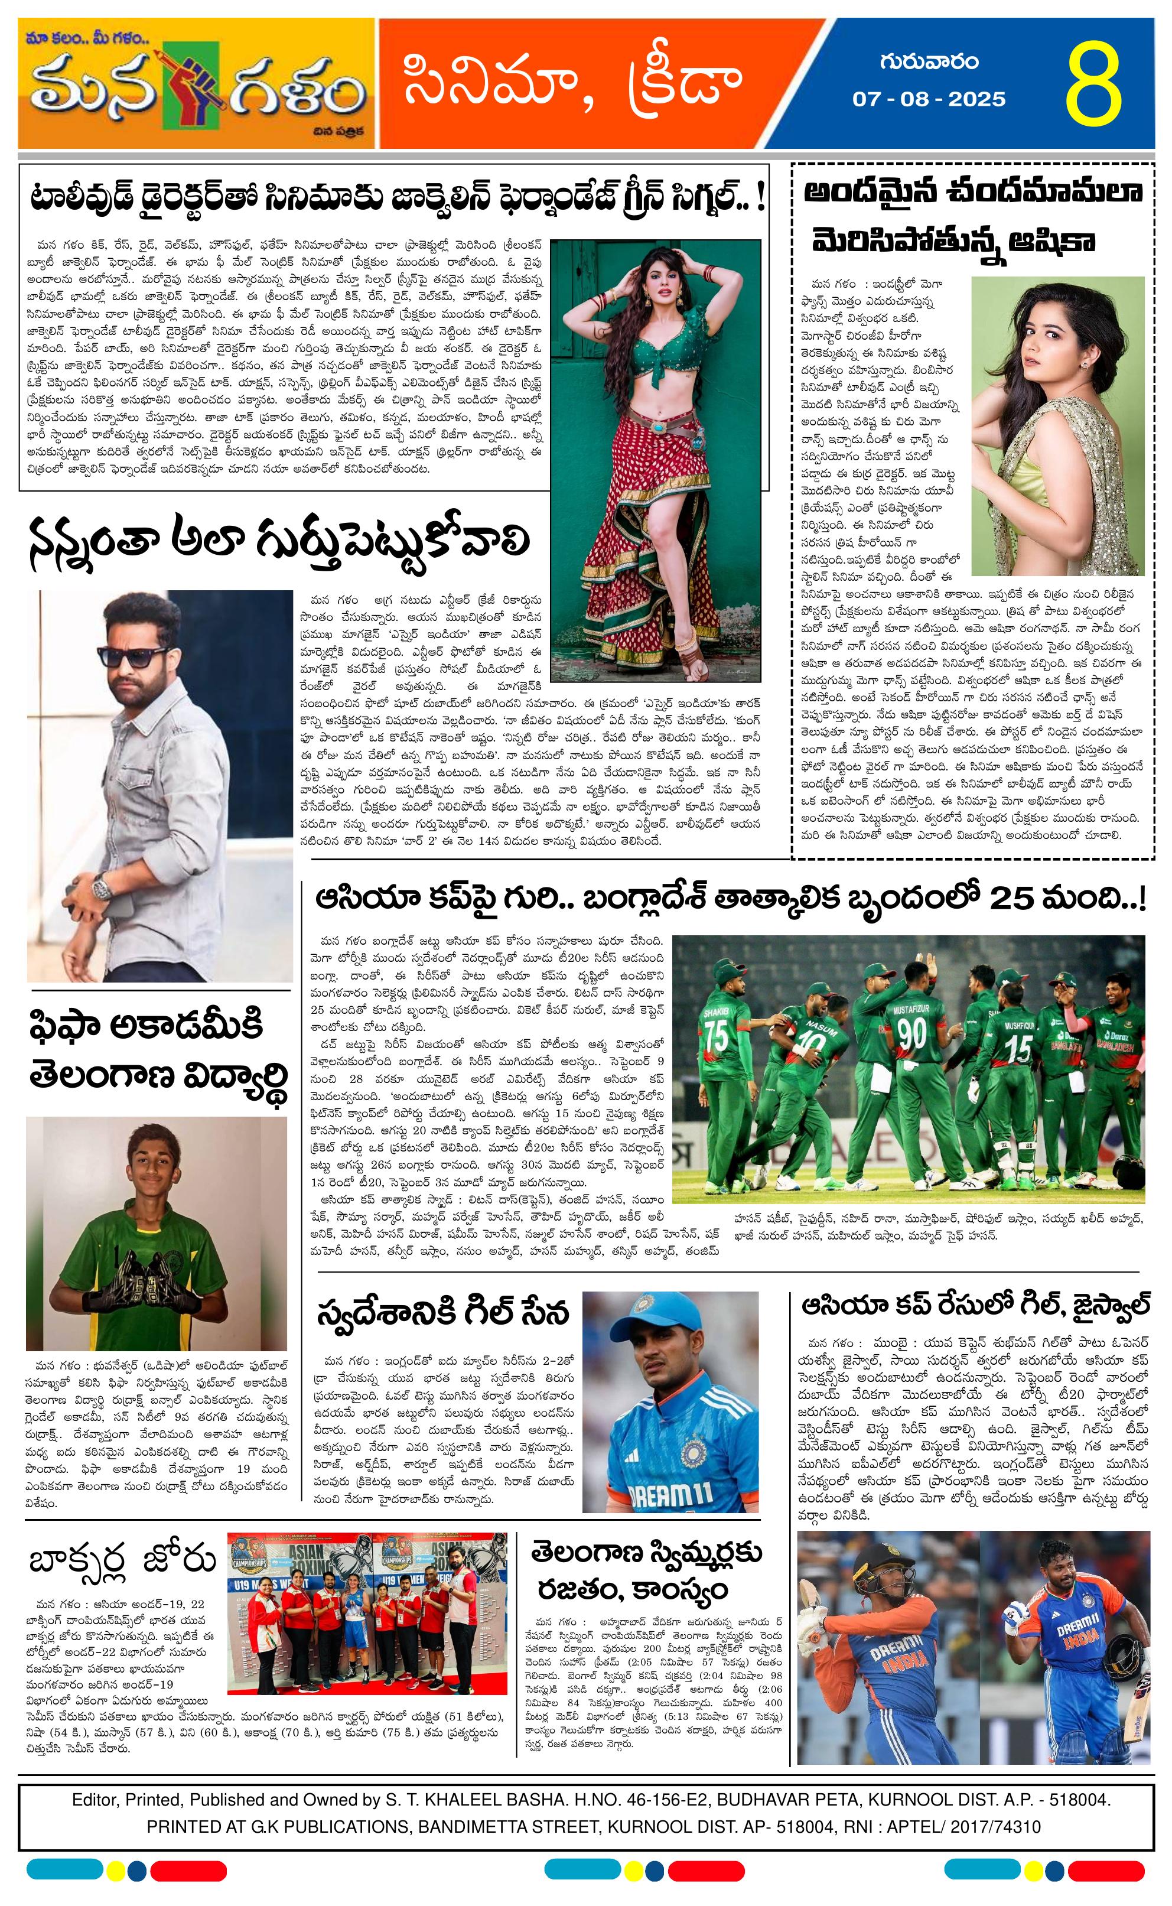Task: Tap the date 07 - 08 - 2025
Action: [929, 99]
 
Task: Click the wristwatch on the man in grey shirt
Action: [102, 886]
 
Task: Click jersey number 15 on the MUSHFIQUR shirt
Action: [1018, 1048]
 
